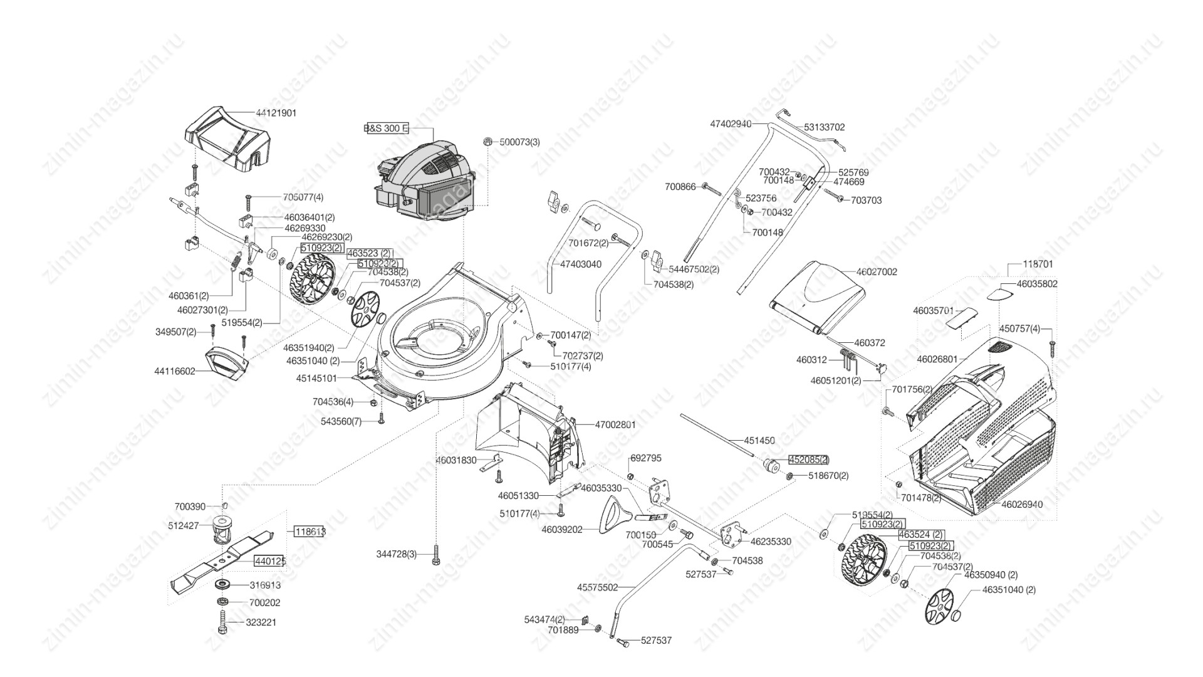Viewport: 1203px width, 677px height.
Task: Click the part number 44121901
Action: coord(276,113)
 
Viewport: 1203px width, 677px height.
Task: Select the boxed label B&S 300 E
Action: coord(386,129)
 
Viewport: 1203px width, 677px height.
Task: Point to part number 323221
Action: coord(263,622)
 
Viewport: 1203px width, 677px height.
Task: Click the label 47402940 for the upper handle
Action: coord(730,124)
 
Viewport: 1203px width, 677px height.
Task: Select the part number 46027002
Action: coord(877,272)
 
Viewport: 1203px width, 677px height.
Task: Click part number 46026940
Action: coord(1022,504)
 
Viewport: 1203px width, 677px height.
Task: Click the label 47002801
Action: coord(615,424)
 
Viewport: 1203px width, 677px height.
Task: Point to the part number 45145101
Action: coord(316,379)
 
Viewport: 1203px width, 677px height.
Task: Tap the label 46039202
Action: coord(562,530)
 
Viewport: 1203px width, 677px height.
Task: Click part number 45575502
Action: coord(597,587)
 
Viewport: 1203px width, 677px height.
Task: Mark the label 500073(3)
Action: coord(519,142)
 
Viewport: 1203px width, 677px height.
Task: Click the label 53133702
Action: coord(825,127)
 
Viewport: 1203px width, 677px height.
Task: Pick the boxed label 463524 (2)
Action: coord(921,535)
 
